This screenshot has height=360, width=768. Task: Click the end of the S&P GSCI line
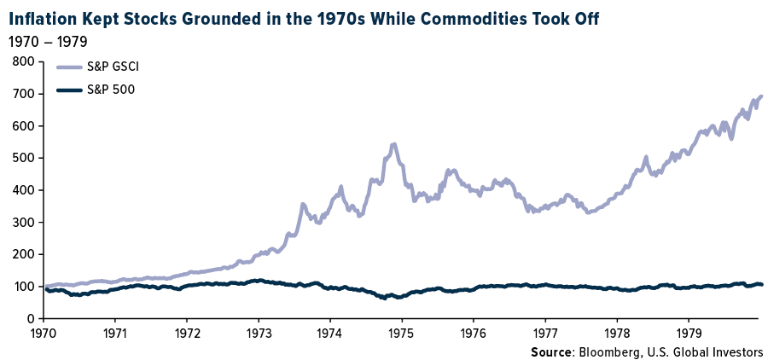click(x=761, y=96)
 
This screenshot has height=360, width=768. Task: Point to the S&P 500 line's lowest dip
click(x=386, y=298)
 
